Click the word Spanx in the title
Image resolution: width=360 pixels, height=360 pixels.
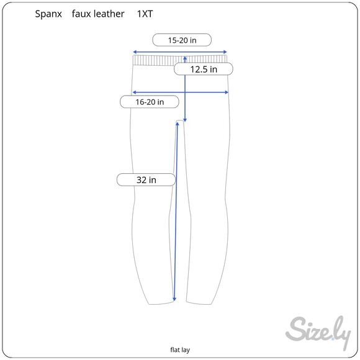coord(48,14)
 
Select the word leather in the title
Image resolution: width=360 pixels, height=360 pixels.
coord(109,14)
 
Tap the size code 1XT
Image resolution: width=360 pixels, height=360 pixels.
coord(145,14)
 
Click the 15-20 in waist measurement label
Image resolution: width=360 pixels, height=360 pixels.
coord(182,40)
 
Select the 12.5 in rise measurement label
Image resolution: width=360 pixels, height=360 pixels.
coord(204,69)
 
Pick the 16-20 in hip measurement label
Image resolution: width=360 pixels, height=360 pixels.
coord(150,102)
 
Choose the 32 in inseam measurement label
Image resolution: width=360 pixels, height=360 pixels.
coord(146,180)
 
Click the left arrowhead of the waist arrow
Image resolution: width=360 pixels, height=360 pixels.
coord(135,52)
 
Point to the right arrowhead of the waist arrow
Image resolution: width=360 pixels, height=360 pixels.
coord(225,52)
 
